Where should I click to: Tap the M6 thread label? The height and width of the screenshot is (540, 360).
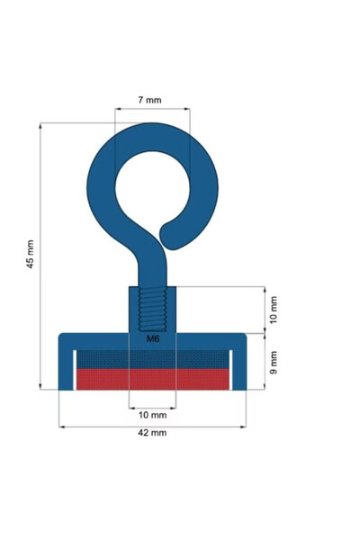click(152, 339)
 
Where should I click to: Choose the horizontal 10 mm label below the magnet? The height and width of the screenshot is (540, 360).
click(152, 415)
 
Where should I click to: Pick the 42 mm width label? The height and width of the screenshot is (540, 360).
click(152, 433)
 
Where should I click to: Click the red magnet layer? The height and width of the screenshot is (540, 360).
click(152, 379)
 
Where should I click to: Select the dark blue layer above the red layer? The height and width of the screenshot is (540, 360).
click(152, 357)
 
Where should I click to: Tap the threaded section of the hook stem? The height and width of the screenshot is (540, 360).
click(152, 309)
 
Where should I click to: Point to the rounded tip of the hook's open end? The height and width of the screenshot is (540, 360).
click(167, 236)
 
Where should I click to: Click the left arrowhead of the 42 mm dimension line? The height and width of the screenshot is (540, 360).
click(61, 425)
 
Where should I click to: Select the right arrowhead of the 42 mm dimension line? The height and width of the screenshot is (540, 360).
click(245, 425)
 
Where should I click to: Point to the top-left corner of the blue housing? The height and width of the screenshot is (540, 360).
click(61, 336)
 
